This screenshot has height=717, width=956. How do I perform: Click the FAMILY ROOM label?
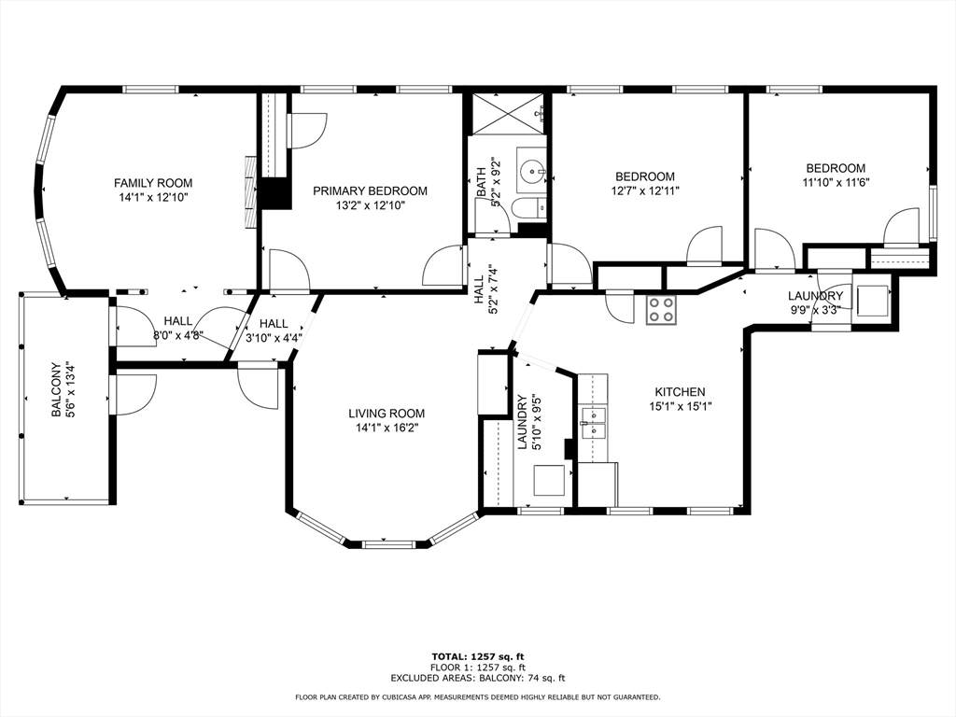153,183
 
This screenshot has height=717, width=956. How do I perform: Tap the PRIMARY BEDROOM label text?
370,190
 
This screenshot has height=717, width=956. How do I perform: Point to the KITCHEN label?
680,392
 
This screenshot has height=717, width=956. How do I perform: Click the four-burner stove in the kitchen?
662,310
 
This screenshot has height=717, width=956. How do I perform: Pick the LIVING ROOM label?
387,414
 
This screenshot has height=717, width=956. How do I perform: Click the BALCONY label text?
56,389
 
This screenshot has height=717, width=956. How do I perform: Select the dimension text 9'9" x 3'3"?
815,310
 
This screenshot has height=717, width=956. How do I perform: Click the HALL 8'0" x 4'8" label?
177,328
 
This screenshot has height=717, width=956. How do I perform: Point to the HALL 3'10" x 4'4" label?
274,330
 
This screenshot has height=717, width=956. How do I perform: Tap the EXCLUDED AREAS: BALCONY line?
477,679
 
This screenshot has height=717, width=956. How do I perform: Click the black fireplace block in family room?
274,193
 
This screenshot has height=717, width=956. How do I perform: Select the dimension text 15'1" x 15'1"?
680,406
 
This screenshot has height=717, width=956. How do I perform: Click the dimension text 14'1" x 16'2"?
387,428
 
